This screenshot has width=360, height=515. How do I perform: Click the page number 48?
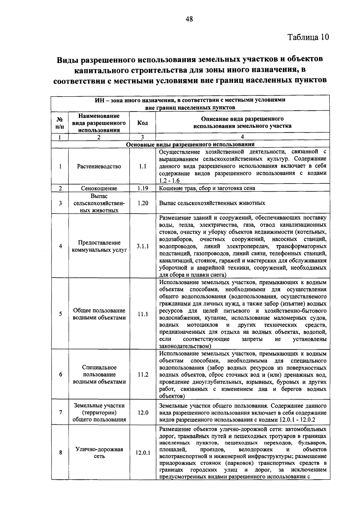[x=189, y=19]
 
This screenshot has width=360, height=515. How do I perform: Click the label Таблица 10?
[x=308, y=37]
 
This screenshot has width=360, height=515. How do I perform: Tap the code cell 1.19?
[x=142, y=188]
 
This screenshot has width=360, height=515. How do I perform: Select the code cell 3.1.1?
[x=142, y=246]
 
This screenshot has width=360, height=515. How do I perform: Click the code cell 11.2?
[x=142, y=375]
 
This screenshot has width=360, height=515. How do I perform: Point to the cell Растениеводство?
[x=99, y=166]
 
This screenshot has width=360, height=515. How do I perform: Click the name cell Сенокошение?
[x=99, y=188]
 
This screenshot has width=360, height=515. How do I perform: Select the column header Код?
[x=142, y=123]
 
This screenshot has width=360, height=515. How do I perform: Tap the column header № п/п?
[x=60, y=123]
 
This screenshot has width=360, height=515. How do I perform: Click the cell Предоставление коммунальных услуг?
[x=99, y=246]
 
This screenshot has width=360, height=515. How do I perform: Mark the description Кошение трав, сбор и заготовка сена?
[x=207, y=188]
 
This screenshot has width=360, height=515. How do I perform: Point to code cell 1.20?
[x=142, y=203]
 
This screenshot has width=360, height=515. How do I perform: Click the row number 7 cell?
[x=60, y=412]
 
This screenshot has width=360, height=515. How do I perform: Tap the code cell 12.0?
[x=142, y=412]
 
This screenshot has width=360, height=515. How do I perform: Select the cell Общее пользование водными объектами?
[x=99, y=314]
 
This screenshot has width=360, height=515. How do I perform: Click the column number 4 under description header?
[x=242, y=137]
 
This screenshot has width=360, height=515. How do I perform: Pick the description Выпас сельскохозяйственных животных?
[x=212, y=203]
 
